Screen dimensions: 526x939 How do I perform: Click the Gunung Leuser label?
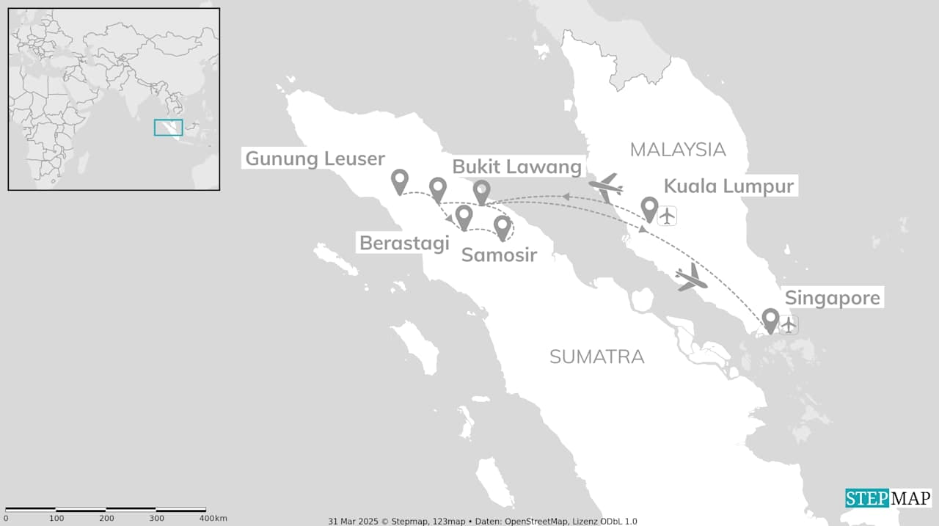coord(315,158)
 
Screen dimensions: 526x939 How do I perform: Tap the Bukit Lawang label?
coord(516,167)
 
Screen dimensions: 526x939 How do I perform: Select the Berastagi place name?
coord(403,243)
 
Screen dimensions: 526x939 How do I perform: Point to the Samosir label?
coord(499,255)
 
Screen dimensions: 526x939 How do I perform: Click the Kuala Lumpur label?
coord(728,186)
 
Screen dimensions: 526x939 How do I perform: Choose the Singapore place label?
coord(832,299)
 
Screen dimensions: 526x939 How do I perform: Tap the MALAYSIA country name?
coord(677,150)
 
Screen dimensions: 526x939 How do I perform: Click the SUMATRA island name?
coord(596,357)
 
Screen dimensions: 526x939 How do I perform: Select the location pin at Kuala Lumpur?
coord(649,208)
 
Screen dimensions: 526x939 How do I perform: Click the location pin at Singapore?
coord(770,319)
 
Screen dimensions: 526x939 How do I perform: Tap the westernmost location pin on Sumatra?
coord(400,180)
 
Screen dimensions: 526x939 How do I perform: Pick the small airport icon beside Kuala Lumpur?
coord(667,216)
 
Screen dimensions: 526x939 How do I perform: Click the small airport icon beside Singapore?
coord(789,324)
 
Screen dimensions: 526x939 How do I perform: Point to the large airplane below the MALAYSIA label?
coord(607,189)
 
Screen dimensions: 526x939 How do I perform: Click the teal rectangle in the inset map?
coord(168,127)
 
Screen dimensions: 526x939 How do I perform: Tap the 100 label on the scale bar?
coord(56,519)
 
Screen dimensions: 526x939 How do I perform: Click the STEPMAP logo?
coord(888,498)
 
